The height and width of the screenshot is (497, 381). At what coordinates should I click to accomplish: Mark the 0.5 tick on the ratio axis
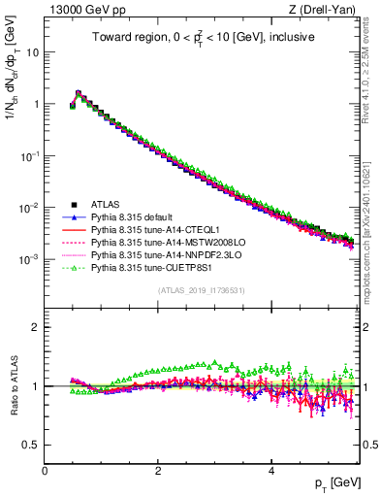click(x=33, y=445)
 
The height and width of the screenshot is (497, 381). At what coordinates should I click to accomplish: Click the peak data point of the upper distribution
click(x=79, y=93)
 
